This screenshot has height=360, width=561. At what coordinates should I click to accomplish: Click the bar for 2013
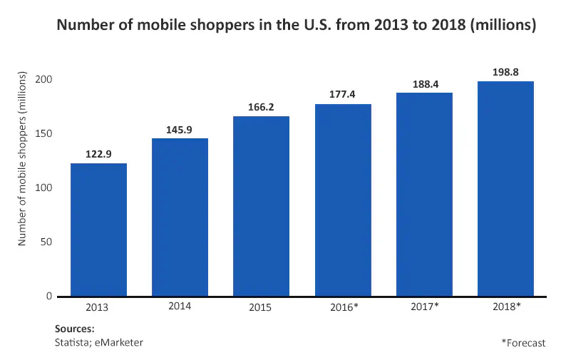pyautogui.click(x=98, y=230)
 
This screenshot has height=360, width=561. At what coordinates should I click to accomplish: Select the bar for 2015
pyautogui.click(x=261, y=206)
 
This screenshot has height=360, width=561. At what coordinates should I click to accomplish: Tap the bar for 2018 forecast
pyautogui.click(x=505, y=189)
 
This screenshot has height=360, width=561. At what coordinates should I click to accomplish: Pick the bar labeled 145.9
pyautogui.click(x=180, y=217)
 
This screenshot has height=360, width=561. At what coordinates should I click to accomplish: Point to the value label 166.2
pyautogui.click(x=261, y=108)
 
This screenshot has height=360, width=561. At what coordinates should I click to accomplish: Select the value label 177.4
pyautogui.click(x=343, y=96)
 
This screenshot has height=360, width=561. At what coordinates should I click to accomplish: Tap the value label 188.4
pyautogui.click(x=424, y=84)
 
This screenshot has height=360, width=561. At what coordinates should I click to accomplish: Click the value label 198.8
pyautogui.click(x=505, y=73)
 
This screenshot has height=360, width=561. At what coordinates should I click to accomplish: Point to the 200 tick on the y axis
pyautogui.click(x=43, y=79)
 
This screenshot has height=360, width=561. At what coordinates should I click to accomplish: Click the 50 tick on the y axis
pyautogui.click(x=46, y=242)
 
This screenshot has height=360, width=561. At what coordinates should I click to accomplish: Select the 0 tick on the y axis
pyautogui.click(x=49, y=296)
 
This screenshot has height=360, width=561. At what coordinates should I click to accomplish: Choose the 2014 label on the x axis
pyautogui.click(x=180, y=306)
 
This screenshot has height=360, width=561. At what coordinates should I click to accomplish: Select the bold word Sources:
pyautogui.click(x=74, y=329)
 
